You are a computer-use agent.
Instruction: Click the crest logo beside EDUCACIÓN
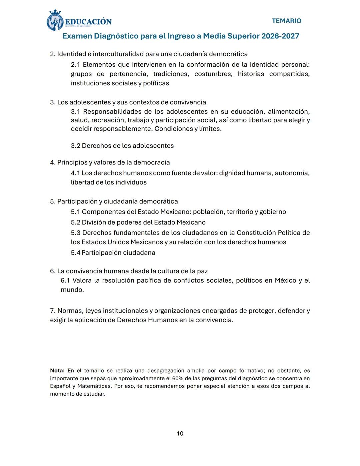[55, 21]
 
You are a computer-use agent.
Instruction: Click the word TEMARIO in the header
[286, 21]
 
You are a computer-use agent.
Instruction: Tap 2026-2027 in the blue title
[280, 36]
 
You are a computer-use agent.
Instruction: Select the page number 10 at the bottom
[180, 433]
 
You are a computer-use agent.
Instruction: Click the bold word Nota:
[57, 371]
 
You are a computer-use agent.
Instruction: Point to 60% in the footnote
[178, 378]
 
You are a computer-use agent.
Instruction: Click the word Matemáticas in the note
[94, 386]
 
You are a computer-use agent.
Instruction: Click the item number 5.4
[75, 253]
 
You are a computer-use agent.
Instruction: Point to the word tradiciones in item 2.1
[169, 74]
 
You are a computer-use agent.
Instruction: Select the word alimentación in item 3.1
[289, 111]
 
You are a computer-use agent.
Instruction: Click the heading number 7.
[52, 311]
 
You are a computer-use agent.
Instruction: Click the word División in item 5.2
[94, 222]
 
